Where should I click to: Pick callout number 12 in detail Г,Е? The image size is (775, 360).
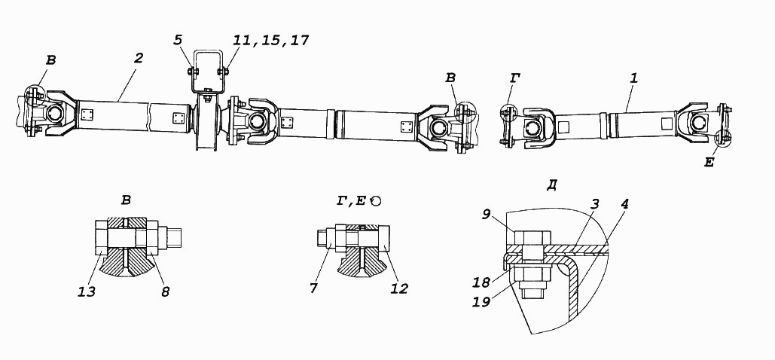tap(398, 287)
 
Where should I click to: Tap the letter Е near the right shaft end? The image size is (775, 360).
tap(709, 160)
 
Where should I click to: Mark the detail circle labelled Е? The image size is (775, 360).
tap(725, 138)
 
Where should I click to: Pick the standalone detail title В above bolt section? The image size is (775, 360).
tap(125, 200)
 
